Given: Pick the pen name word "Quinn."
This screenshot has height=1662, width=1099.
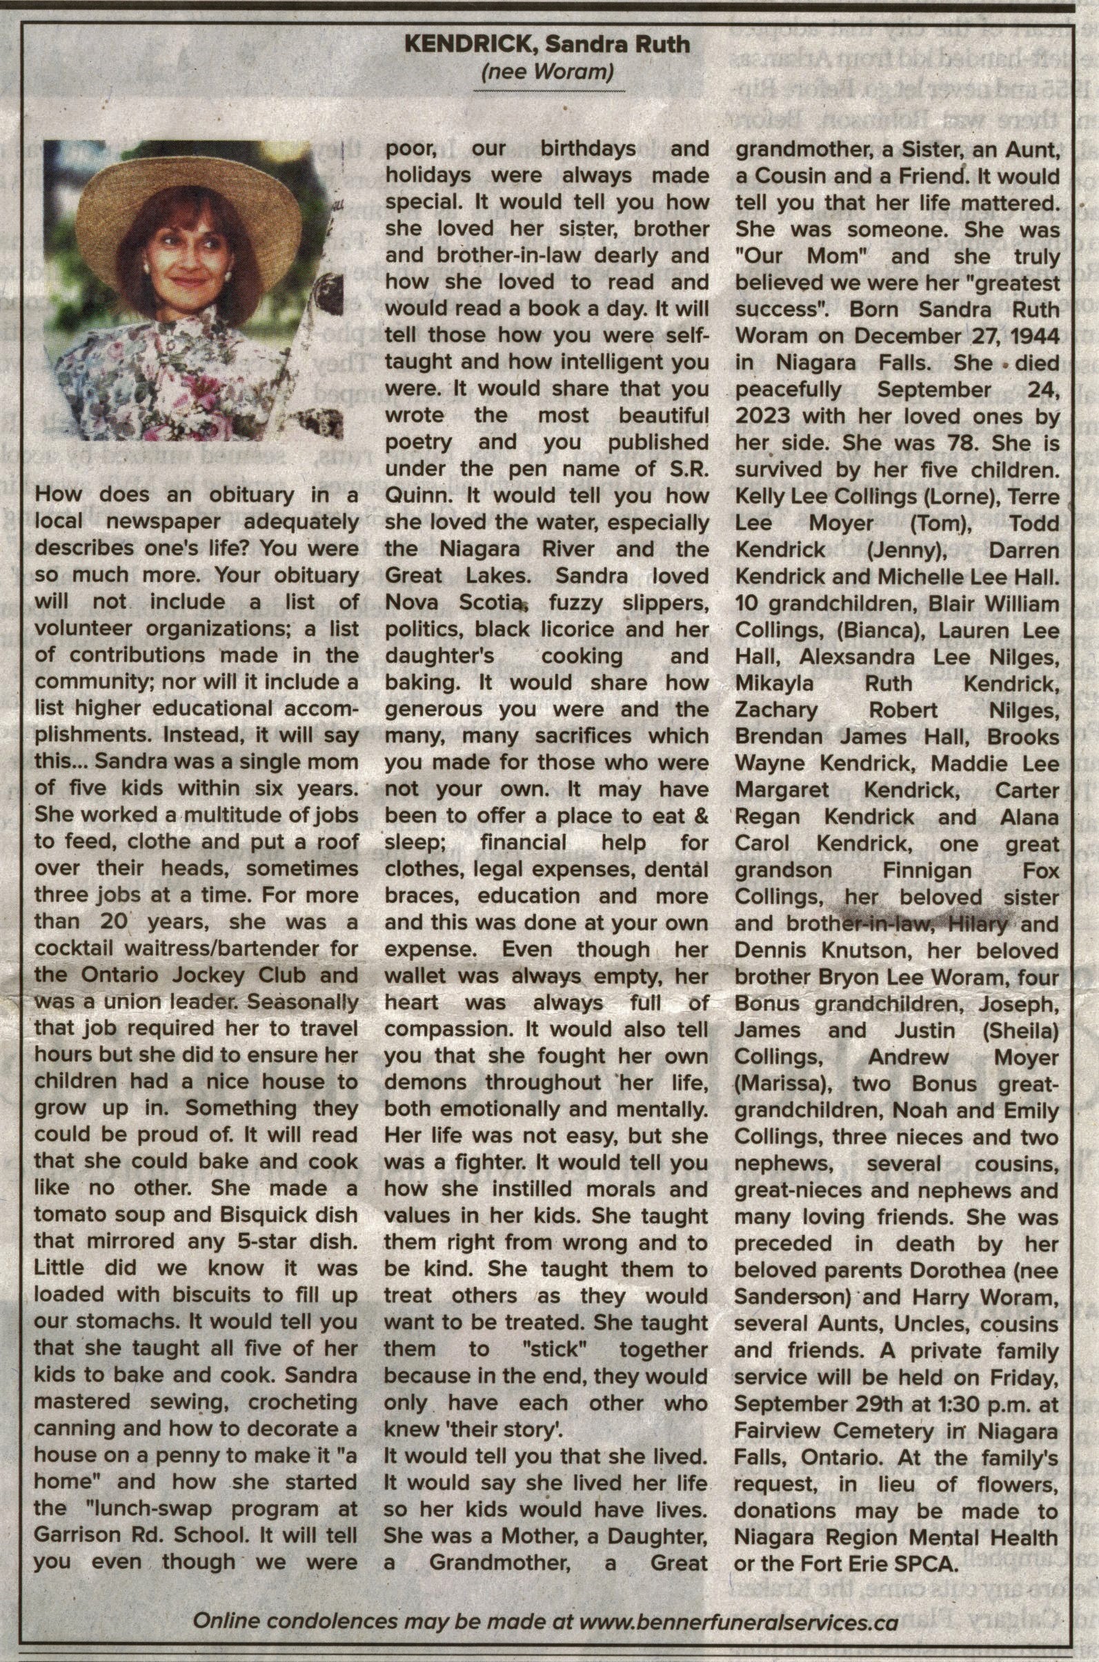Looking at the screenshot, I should pos(415,497).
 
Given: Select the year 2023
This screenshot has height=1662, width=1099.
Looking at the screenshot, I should pos(763,417).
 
